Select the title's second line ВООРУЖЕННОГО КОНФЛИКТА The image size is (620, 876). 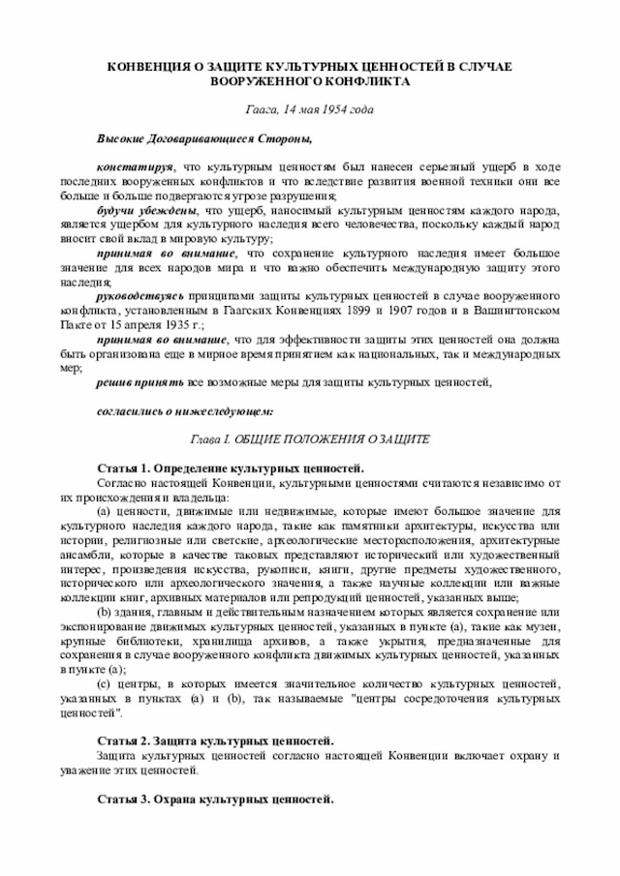pos(310,81)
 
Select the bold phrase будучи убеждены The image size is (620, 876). pos(146,211)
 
